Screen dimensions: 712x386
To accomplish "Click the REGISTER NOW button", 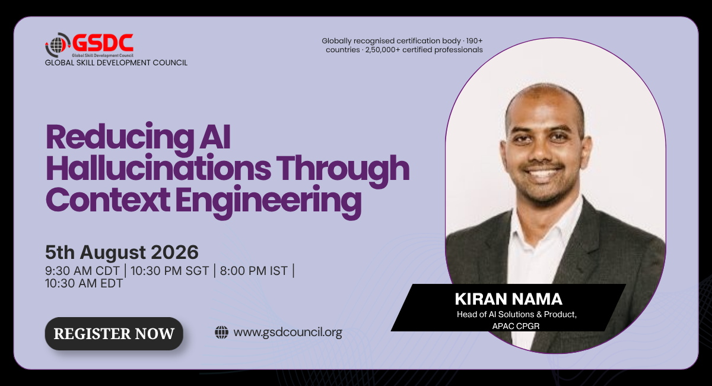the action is [114, 334].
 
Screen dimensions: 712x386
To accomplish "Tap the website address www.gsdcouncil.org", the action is [288, 332].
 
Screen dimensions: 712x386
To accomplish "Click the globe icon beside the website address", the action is [221, 332].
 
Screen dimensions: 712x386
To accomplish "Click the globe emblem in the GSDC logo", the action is [56, 45].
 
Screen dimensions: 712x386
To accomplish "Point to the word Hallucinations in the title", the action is [158, 169].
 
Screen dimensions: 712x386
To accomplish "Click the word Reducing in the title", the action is [120, 137].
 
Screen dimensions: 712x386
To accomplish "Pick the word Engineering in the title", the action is [269, 201].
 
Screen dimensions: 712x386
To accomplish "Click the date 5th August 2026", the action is [122, 252].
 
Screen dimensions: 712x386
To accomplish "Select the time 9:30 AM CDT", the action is [82, 271].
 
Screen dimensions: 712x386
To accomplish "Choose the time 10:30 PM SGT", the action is [170, 271].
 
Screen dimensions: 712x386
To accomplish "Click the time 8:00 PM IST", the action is [254, 271].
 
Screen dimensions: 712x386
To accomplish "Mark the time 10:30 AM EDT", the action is [84, 283].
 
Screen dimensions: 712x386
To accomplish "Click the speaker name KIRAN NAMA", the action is [508, 299].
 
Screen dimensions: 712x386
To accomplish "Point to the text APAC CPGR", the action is [516, 326].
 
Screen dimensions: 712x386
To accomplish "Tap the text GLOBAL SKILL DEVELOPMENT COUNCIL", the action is [116, 63].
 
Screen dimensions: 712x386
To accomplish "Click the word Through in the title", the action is [343, 169].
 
